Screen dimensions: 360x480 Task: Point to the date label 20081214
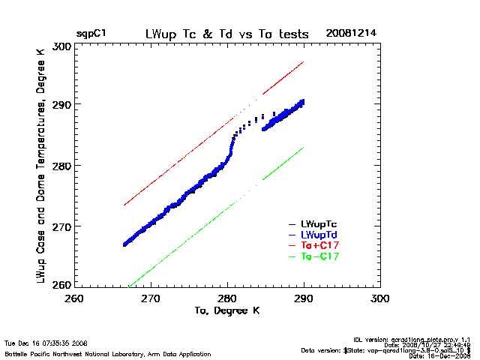tap(352, 34)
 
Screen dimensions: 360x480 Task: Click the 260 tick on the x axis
tap(74, 298)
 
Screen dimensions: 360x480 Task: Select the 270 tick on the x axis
tap(151, 298)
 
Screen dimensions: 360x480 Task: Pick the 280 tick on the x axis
tap(228, 298)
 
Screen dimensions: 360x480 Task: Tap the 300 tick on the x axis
tap(381, 298)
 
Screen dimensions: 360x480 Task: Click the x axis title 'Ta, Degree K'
tap(226, 310)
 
